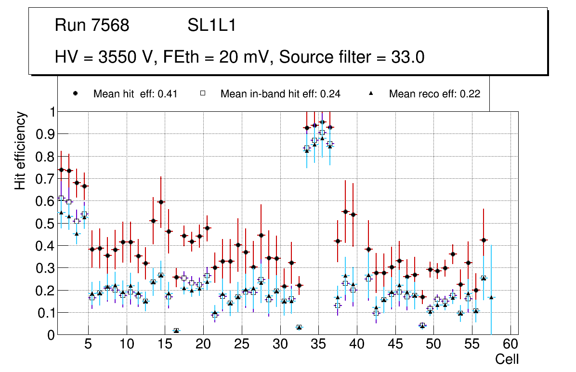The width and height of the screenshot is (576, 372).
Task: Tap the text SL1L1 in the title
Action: click(x=211, y=25)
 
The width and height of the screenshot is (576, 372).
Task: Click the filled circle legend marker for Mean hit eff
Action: click(x=75, y=94)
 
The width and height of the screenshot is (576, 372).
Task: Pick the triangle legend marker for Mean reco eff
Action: click(x=371, y=94)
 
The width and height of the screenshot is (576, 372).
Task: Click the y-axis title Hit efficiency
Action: click(x=20, y=150)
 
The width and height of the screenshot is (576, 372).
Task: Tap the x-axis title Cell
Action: click(x=507, y=359)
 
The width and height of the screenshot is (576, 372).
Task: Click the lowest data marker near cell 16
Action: click(x=176, y=331)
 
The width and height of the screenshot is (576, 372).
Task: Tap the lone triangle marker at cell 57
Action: click(x=491, y=297)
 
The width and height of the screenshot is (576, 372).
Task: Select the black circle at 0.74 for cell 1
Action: click(x=61, y=170)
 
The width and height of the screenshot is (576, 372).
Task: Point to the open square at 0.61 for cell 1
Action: click(x=61, y=198)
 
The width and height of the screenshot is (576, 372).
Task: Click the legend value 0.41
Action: click(x=168, y=94)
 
